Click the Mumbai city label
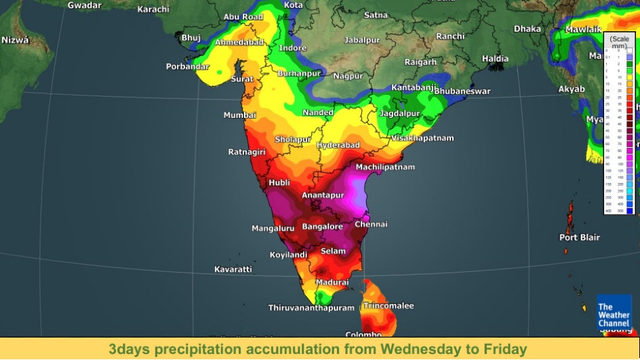point(240,115)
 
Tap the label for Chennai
point(371,224)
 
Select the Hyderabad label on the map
point(338,146)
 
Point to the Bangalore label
point(322,226)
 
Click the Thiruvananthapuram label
point(311,308)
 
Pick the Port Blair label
point(578,237)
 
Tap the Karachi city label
point(153,9)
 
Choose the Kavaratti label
point(233,269)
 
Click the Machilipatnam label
point(384,167)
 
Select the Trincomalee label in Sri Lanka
point(388,306)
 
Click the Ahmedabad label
point(239,42)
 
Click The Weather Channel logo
point(614,315)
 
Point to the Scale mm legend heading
point(619,42)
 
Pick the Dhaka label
point(527,28)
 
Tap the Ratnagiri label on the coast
point(247,152)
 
